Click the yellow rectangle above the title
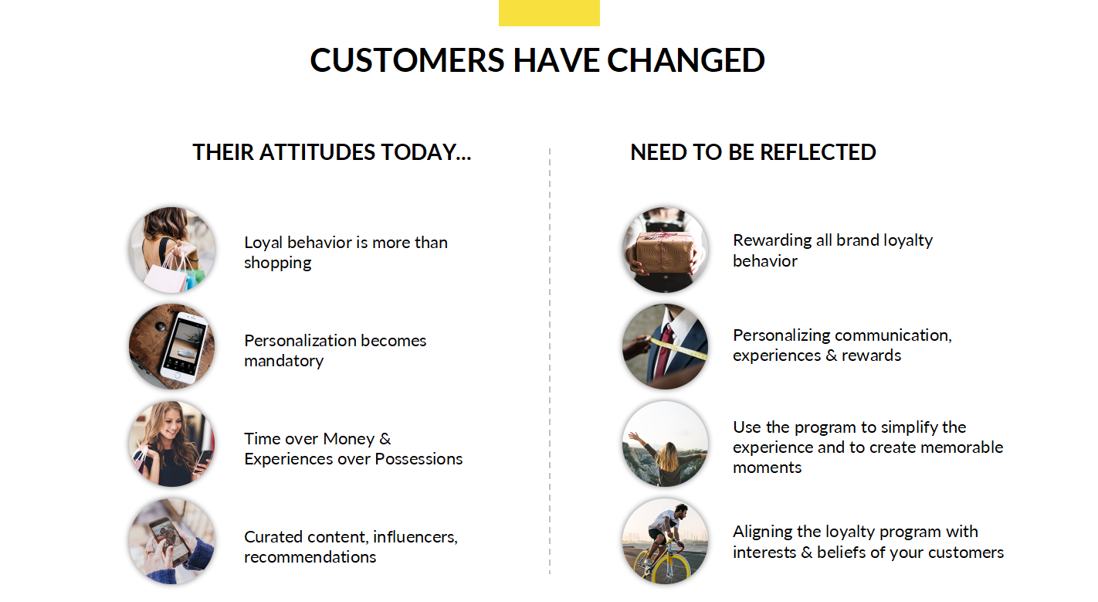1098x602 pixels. [x=548, y=12]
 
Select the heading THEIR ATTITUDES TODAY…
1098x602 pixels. [x=331, y=152]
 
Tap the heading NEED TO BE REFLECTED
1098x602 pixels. [x=753, y=152]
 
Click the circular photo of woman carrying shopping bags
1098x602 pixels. [x=171, y=250]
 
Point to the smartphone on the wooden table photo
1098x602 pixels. [x=185, y=347]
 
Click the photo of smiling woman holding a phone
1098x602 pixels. [x=171, y=444]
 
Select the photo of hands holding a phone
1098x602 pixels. [x=171, y=540]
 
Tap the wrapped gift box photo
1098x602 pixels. [x=665, y=250]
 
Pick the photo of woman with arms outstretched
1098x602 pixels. [x=665, y=444]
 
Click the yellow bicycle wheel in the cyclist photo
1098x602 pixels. [x=665, y=563]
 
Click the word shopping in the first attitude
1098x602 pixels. [x=277, y=263]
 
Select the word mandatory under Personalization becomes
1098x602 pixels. [x=283, y=361]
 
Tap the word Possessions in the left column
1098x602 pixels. [x=419, y=459]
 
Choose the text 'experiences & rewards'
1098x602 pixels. [x=817, y=355]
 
